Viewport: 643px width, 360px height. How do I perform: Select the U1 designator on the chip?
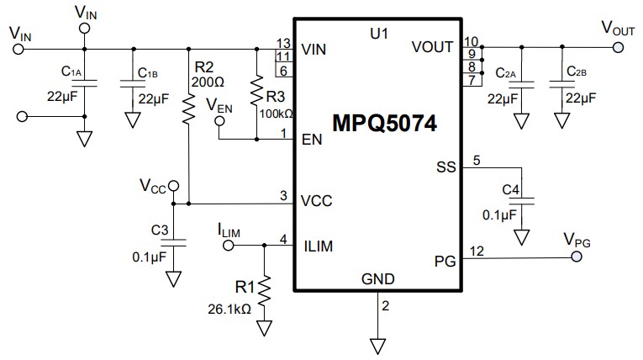tap(381, 34)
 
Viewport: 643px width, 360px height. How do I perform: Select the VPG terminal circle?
tap(577, 260)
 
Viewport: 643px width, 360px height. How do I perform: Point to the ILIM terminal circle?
tap(227, 246)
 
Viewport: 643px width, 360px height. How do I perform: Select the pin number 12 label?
tap(476, 250)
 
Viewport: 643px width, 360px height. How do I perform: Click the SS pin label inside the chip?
tap(445, 167)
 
